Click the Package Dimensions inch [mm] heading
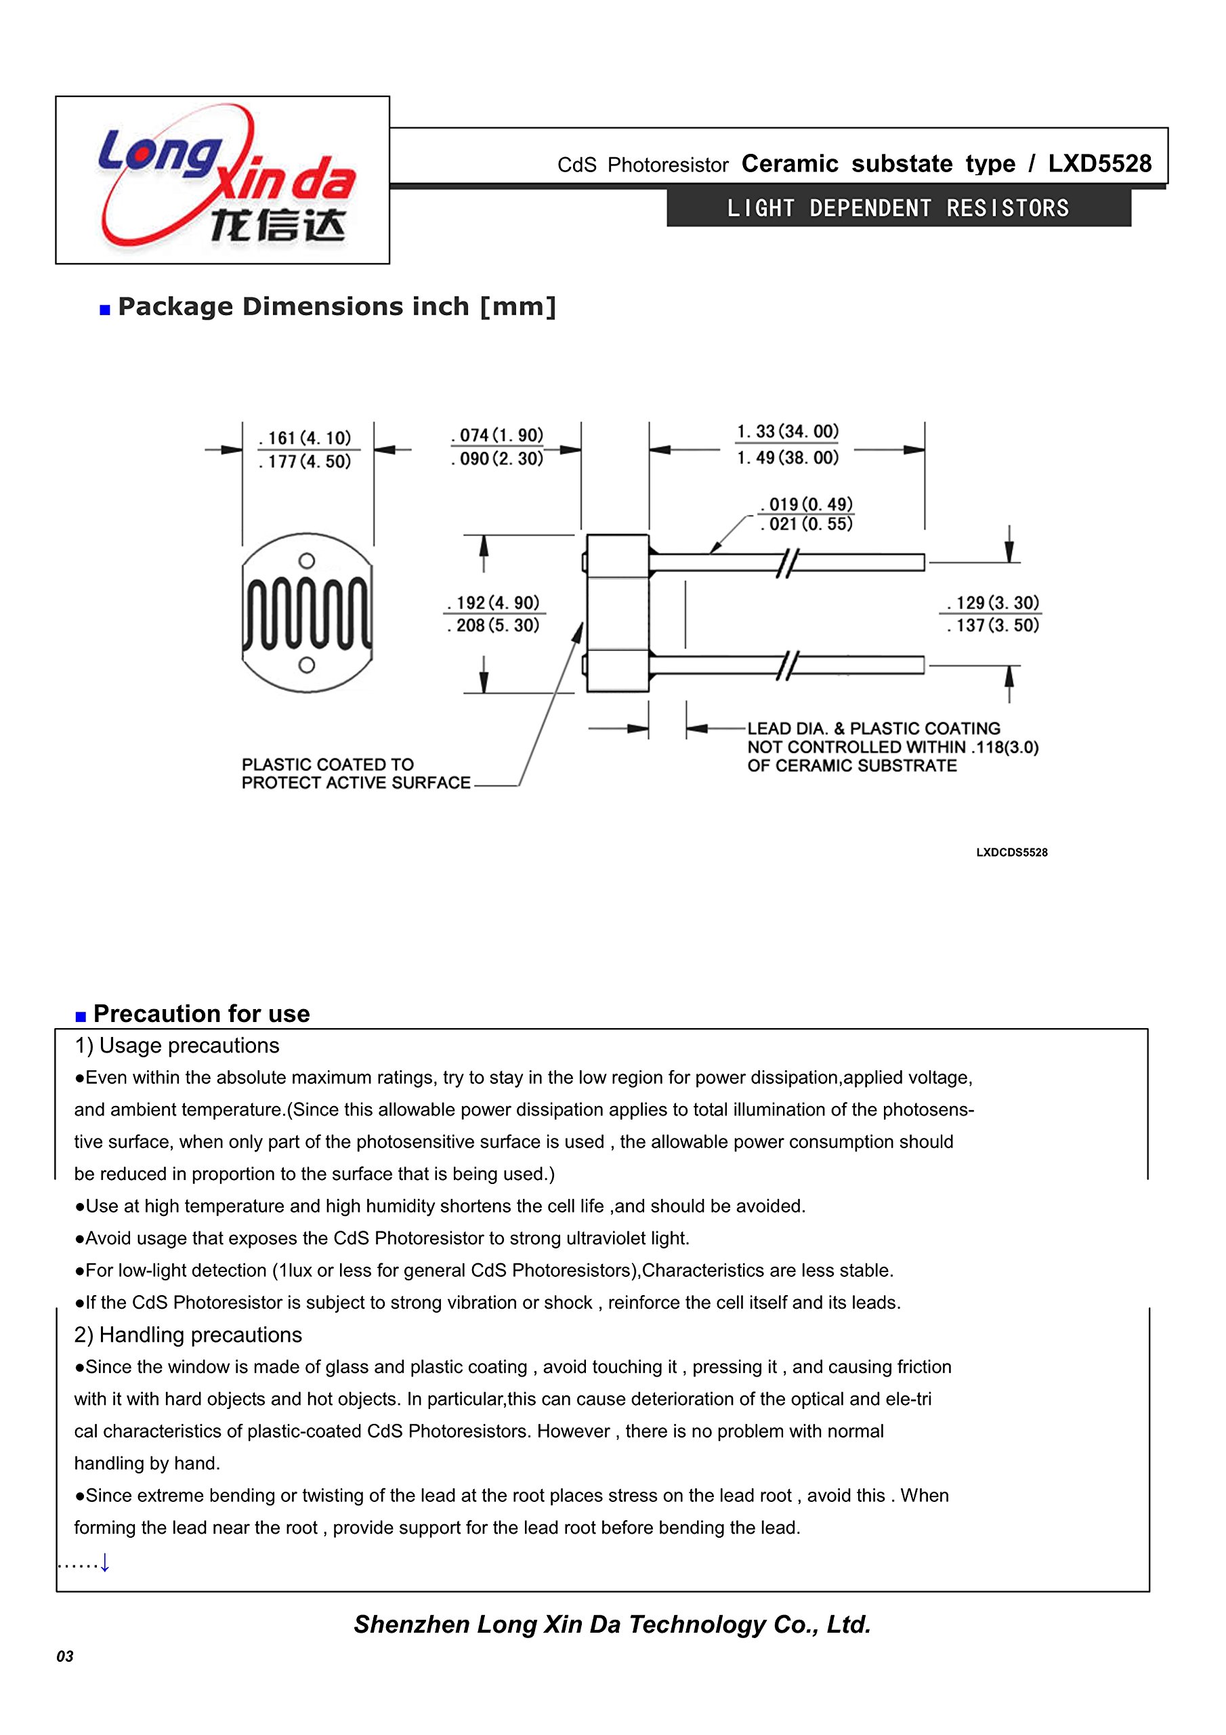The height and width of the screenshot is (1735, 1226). [337, 307]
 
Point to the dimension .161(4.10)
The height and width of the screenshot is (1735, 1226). [305, 438]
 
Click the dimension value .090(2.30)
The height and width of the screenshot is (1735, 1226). [497, 459]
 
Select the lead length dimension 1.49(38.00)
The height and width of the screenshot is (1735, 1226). [788, 458]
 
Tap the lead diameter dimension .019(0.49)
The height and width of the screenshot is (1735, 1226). [807, 504]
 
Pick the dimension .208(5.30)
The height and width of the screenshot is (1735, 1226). [493, 626]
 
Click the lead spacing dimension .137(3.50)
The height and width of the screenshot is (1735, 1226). [994, 626]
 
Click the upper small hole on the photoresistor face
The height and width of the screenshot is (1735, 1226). [307, 560]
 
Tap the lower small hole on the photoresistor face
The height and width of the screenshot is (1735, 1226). [307, 665]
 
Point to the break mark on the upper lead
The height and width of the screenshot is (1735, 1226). [787, 563]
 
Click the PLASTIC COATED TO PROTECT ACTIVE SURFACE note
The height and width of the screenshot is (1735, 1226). [355, 774]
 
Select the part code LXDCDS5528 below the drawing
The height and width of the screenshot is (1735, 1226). [1011, 853]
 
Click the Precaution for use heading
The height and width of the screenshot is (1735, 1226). [201, 1013]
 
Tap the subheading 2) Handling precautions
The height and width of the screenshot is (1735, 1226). [188, 1334]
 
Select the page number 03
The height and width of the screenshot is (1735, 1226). [65, 1656]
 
